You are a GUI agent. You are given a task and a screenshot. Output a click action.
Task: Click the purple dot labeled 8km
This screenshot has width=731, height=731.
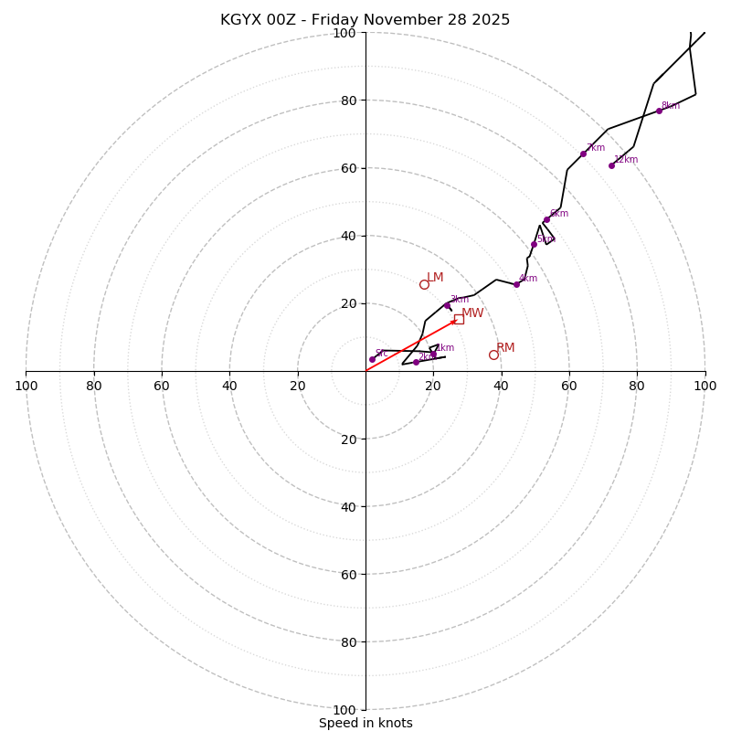tap(659, 111)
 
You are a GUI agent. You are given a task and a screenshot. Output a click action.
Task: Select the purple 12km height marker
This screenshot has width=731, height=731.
tap(611, 165)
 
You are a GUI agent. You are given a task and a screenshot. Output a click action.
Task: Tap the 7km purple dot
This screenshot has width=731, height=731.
tap(583, 154)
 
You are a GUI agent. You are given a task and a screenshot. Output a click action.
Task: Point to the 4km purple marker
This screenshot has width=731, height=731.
tap(516, 284)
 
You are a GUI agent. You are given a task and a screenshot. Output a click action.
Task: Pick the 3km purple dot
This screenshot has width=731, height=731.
tap(447, 305)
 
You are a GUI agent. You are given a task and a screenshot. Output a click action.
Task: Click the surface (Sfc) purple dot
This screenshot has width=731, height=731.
tap(372, 359)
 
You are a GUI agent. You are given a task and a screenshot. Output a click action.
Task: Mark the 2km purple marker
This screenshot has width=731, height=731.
tap(416, 362)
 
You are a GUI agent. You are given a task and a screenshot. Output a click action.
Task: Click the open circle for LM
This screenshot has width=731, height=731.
tap(424, 284)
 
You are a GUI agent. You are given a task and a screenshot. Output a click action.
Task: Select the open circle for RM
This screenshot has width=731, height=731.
tap(493, 355)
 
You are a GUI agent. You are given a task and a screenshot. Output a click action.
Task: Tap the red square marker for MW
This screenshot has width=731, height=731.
tap(459, 319)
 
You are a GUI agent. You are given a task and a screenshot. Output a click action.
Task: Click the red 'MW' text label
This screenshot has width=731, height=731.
tap(472, 313)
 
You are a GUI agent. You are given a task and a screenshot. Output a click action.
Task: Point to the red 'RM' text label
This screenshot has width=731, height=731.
tap(505, 347)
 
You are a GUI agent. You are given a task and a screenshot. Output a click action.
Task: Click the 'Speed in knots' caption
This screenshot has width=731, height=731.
tap(365, 723)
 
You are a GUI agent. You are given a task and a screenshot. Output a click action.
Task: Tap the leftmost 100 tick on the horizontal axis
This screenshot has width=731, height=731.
tap(26, 386)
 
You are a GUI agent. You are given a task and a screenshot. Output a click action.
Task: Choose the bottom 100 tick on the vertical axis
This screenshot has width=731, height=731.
tap(344, 710)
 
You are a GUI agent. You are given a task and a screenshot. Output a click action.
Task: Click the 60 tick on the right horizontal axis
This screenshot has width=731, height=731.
tap(569, 386)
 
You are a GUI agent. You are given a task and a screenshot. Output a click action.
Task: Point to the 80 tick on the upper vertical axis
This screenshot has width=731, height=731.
tap(344, 101)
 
